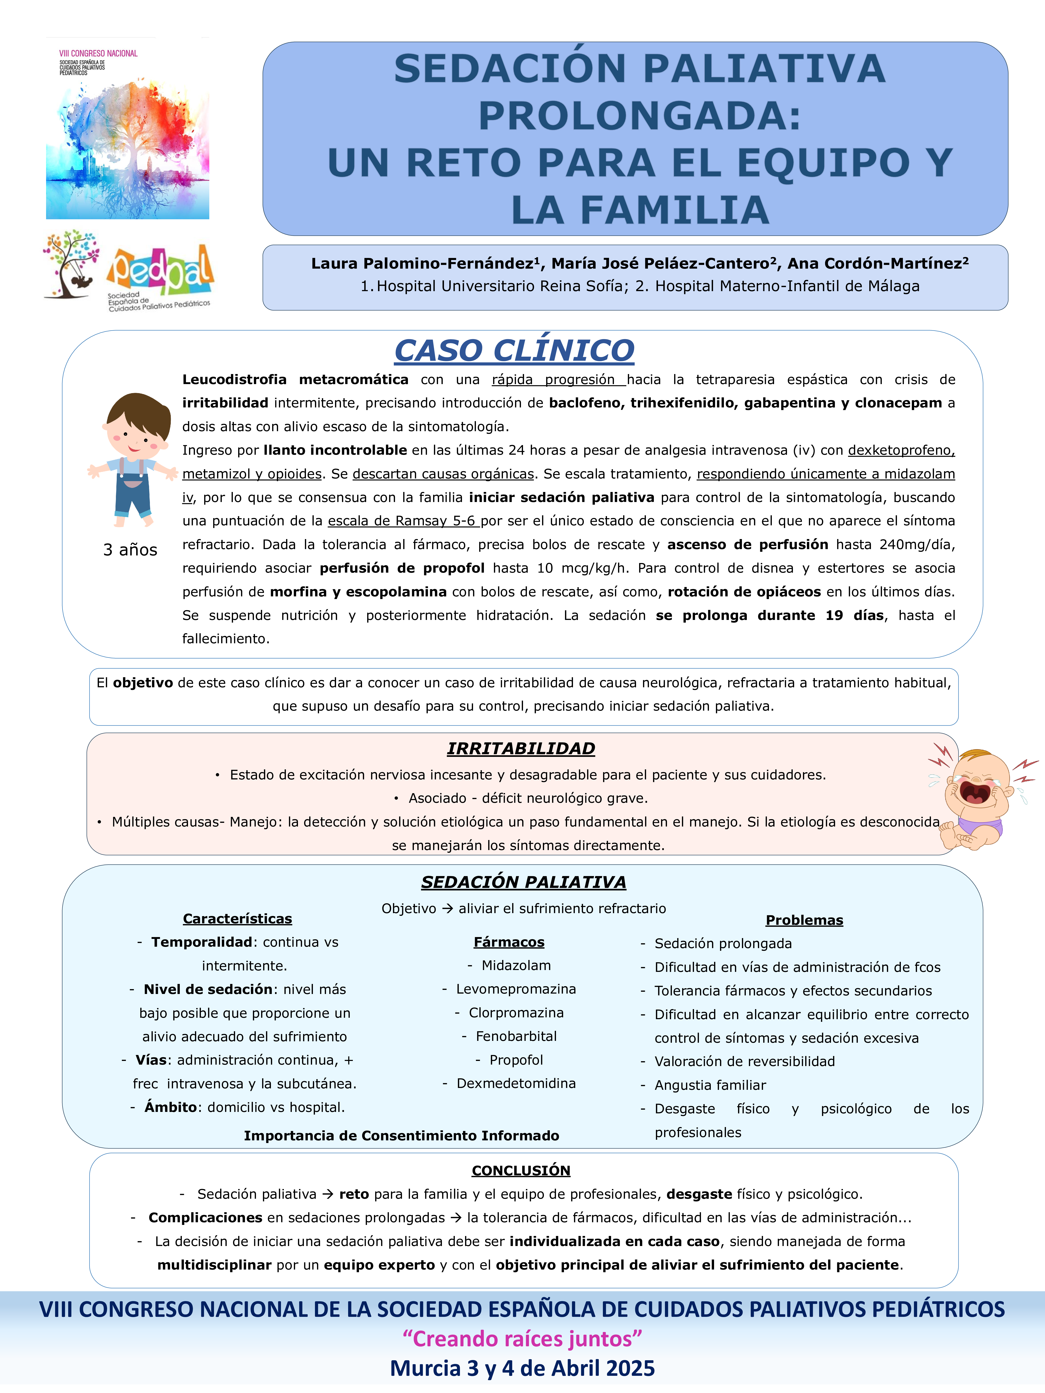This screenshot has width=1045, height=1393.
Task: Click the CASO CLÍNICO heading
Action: (514, 351)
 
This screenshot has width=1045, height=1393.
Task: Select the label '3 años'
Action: (130, 550)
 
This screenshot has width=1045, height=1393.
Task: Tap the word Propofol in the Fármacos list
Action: (516, 1060)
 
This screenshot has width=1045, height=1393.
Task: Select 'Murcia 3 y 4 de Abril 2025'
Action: (522, 1368)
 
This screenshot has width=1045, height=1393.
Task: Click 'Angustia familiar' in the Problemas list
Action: (710, 1085)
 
